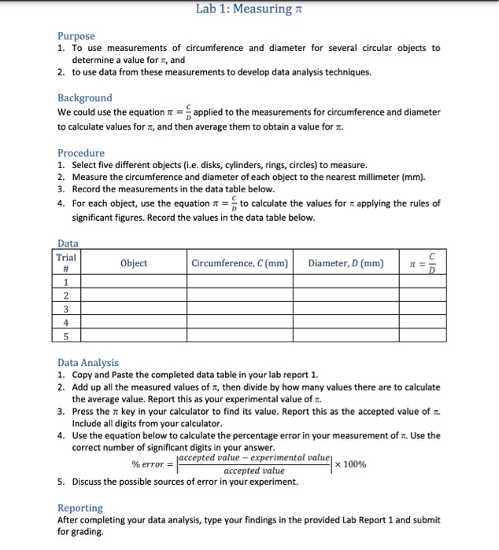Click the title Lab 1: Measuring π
(x=249, y=9)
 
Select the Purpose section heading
(x=76, y=36)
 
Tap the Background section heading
(x=84, y=98)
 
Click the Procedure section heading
(x=80, y=152)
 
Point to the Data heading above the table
(x=68, y=245)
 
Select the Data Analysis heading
(x=87, y=362)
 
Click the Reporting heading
(x=80, y=508)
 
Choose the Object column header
(x=133, y=263)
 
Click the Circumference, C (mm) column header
(x=239, y=263)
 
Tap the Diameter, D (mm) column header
(x=346, y=263)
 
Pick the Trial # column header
(x=67, y=263)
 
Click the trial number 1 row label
(x=67, y=284)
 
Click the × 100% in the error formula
(x=350, y=464)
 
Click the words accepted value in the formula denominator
(x=253, y=471)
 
